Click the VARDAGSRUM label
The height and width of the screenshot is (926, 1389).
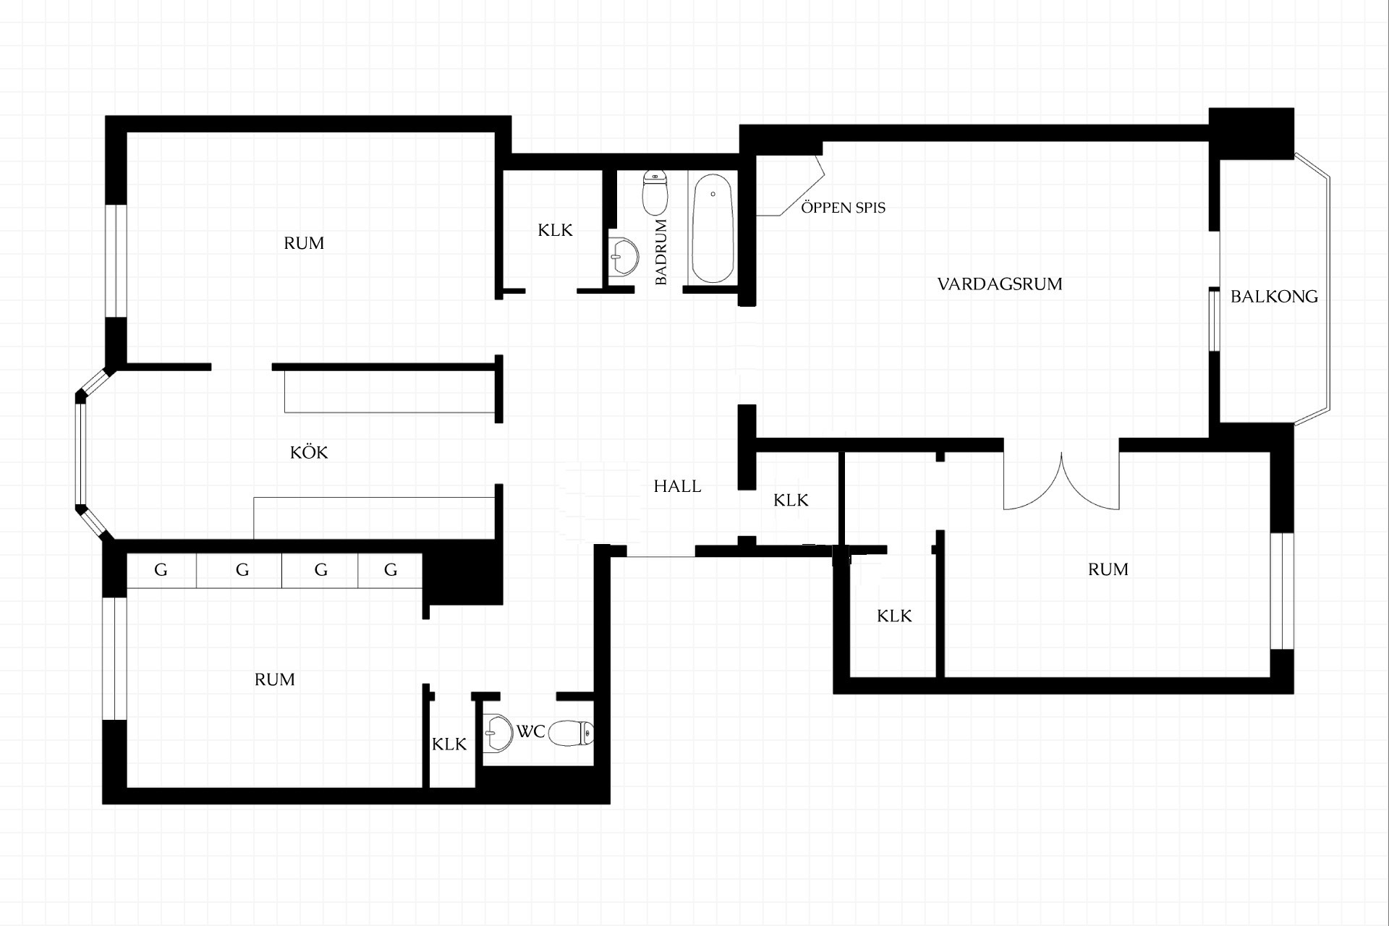[1000, 284]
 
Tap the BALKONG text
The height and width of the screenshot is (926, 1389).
[1274, 296]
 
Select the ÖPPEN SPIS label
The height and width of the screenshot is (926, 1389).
[843, 207]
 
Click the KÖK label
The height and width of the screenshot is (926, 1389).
[309, 452]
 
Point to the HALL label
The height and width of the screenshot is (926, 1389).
[677, 486]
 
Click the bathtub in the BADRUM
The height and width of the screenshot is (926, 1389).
[713, 228]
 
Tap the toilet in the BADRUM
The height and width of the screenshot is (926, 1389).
[655, 192]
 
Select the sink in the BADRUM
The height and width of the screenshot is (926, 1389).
[623, 257]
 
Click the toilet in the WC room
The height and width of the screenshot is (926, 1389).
[571, 734]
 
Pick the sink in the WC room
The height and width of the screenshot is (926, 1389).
[497, 733]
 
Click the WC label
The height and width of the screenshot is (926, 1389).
[530, 731]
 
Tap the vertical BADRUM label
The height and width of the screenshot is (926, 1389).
[660, 252]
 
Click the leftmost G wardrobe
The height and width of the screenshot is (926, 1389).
[161, 570]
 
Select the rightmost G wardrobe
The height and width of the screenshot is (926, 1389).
[391, 570]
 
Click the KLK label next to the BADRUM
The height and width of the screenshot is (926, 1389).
[555, 230]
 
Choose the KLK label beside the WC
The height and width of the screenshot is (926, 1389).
[449, 744]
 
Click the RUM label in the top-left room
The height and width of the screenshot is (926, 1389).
[304, 243]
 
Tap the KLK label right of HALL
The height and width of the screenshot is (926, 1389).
[791, 500]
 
